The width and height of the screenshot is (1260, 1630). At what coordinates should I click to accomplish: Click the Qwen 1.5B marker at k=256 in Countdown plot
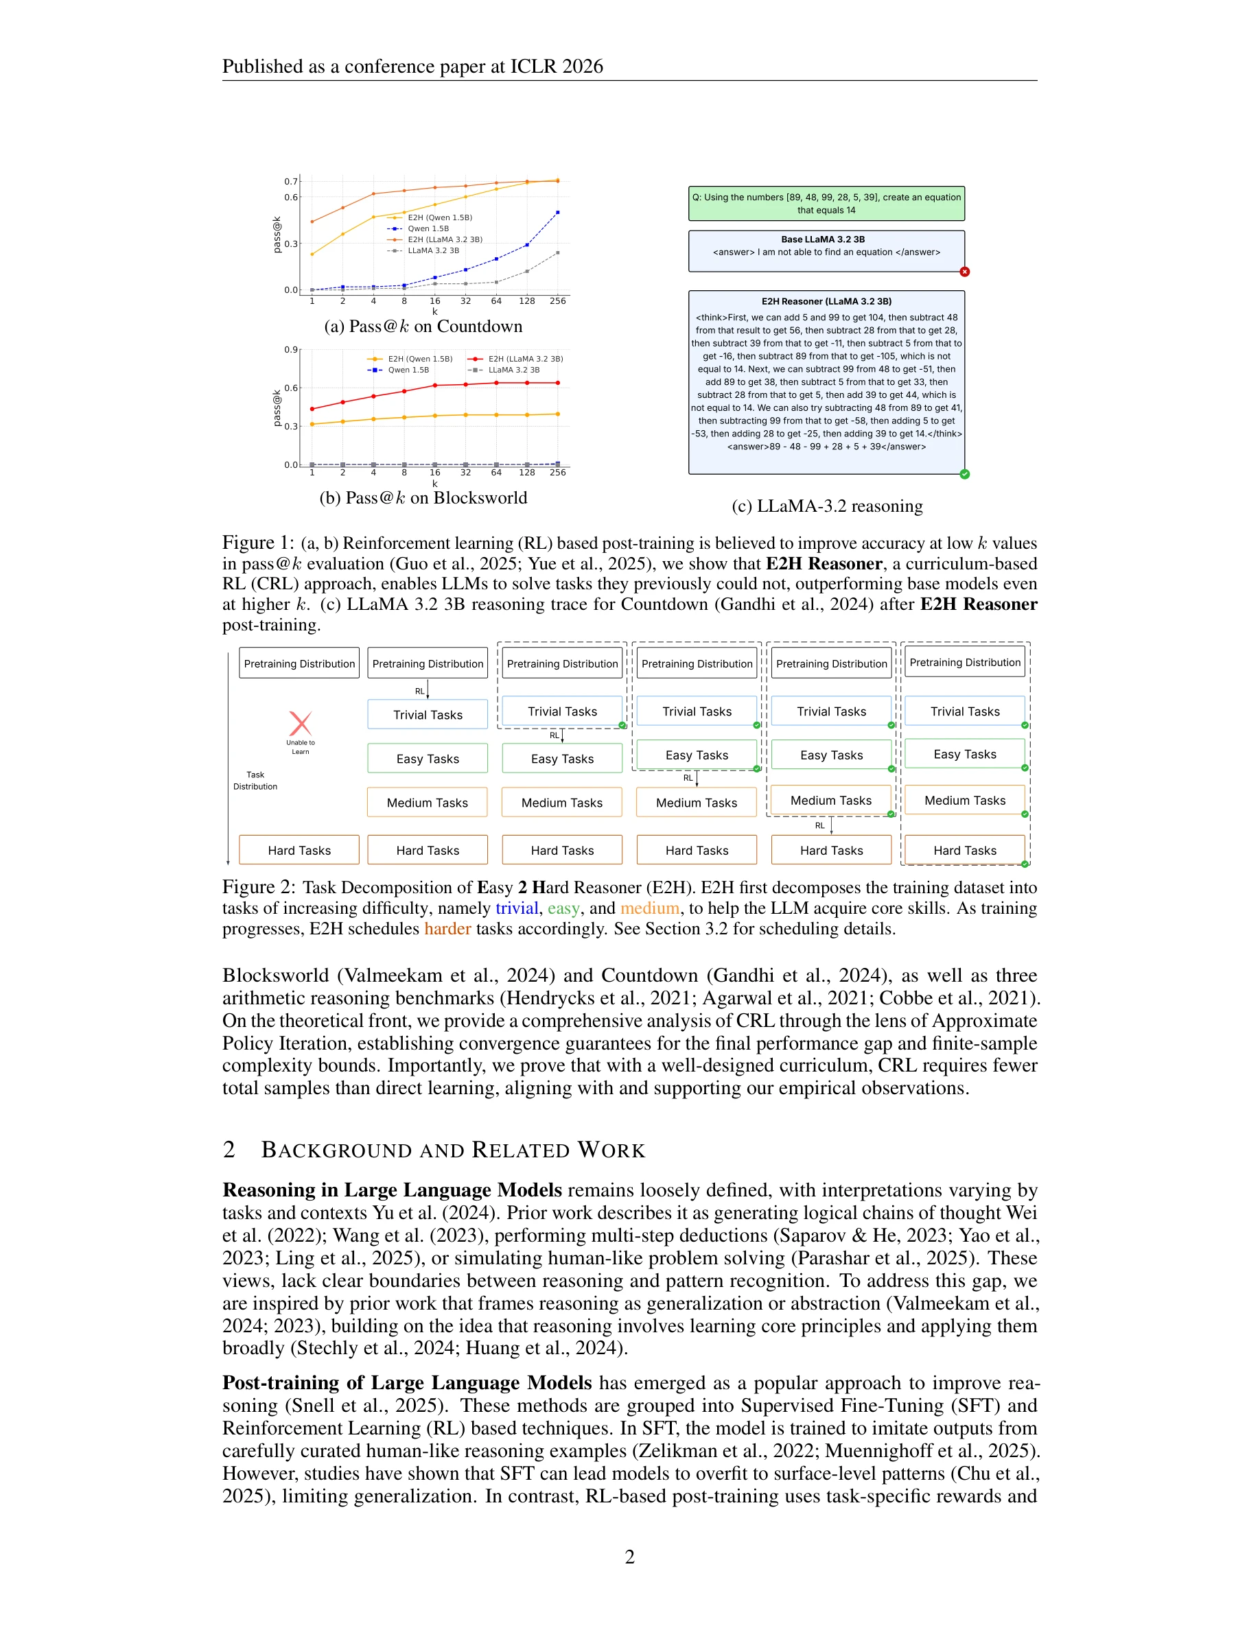click(557, 213)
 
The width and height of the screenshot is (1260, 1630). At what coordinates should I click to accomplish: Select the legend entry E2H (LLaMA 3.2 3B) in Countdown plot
click(444, 239)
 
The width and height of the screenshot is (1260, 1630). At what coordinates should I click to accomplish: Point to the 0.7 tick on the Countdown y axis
click(290, 181)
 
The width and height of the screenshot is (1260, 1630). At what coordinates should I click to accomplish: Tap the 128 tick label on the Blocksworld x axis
click(527, 473)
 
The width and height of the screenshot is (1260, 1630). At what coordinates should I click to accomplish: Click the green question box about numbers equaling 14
click(826, 204)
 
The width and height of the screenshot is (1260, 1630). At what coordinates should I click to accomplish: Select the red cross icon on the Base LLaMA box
click(964, 272)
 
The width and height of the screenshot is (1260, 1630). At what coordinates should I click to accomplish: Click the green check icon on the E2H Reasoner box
click(964, 474)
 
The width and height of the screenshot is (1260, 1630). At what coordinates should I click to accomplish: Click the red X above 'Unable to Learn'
click(300, 723)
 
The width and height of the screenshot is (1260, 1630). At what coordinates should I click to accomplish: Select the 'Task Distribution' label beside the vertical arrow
click(255, 781)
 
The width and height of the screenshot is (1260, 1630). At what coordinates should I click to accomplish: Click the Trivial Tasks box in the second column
click(428, 714)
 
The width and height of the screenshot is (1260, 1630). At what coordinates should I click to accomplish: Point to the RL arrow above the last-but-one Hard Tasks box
click(830, 825)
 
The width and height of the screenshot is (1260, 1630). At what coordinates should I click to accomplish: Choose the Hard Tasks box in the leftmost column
click(299, 850)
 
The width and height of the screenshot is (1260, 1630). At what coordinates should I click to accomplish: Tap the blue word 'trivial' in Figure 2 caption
click(517, 908)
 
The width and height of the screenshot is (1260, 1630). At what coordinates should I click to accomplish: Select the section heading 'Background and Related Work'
click(452, 1150)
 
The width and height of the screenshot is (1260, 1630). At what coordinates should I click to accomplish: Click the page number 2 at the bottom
click(629, 1557)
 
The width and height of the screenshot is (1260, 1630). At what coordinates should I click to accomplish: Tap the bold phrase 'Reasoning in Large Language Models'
click(392, 1190)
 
